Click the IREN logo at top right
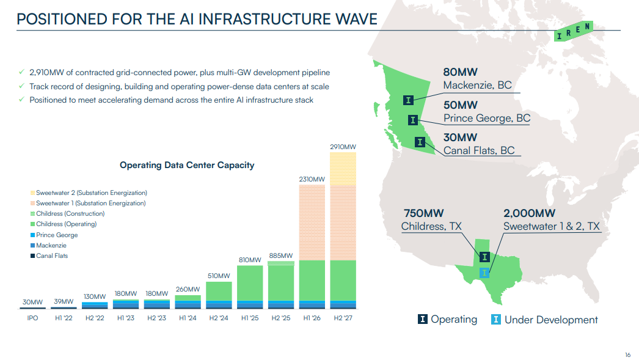573,31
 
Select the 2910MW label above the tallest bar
342,147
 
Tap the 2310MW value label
312,179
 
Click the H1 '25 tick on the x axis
249,319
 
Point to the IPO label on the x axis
32,319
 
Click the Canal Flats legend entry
52,255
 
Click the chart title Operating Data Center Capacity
187,165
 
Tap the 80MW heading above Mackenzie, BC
460,72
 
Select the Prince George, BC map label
487,118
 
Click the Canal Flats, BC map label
479,150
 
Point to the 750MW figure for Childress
423,213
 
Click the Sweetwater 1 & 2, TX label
552,226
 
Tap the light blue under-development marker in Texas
484,273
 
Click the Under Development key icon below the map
497,319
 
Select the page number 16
627,354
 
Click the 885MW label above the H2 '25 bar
280,255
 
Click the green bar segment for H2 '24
218,291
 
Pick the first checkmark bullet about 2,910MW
23,73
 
